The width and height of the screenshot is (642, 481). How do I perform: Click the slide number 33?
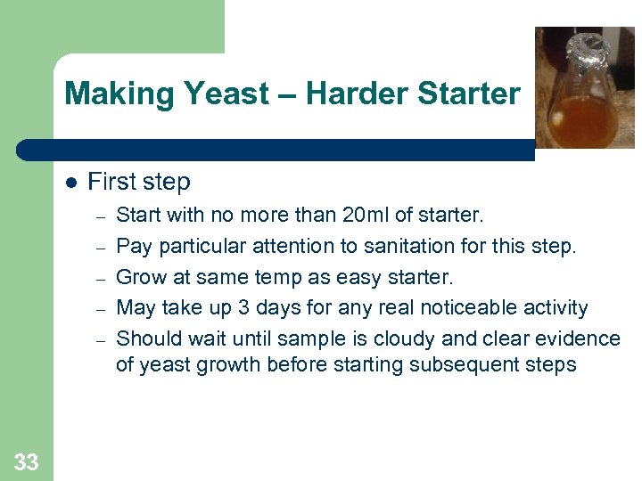click(26, 461)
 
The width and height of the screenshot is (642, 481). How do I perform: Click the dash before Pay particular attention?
click(101, 247)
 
